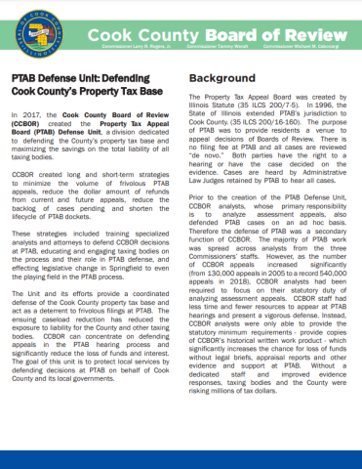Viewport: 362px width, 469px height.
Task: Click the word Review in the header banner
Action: pos(312,25)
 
